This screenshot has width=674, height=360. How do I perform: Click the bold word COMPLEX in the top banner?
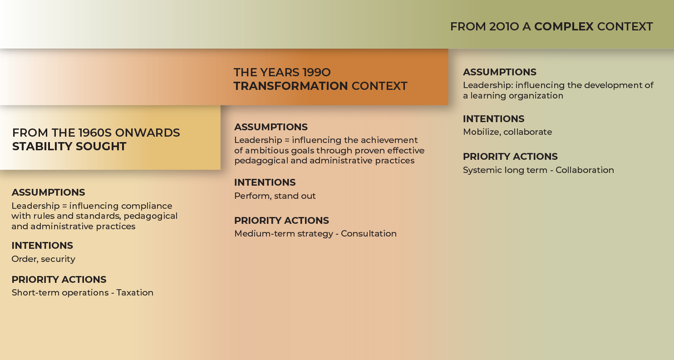(x=564, y=26)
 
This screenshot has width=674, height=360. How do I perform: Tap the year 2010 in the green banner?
(x=504, y=26)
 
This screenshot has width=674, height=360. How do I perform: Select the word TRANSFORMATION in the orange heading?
(x=290, y=86)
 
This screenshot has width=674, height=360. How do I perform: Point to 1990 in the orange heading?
(x=316, y=72)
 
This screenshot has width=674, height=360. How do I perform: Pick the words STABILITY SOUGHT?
(x=69, y=147)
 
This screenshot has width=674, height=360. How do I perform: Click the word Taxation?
(x=135, y=292)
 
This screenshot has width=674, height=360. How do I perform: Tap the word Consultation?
(x=369, y=234)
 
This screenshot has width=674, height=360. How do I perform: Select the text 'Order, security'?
(x=43, y=259)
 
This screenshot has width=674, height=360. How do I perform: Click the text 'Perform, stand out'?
(x=275, y=196)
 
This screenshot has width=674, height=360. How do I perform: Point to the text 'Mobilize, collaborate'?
(x=507, y=132)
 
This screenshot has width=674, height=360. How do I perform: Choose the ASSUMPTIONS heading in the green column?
(x=499, y=72)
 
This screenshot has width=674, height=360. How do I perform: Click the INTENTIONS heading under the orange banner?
(x=265, y=182)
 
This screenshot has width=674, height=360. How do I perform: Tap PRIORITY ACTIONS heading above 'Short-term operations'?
(x=59, y=280)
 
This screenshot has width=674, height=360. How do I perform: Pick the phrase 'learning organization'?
(x=517, y=96)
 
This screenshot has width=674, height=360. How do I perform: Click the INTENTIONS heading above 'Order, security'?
(x=42, y=246)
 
